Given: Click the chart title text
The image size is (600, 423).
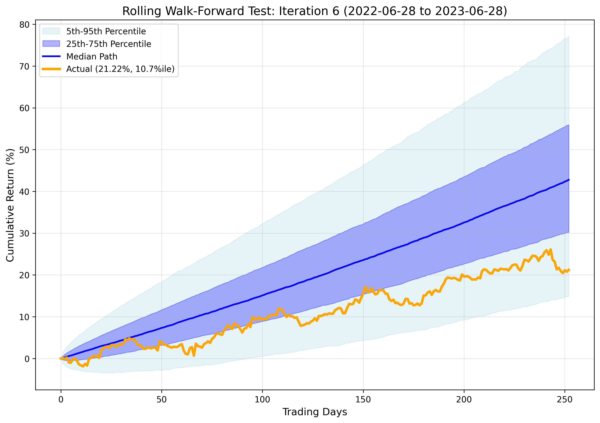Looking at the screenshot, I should click(315, 11).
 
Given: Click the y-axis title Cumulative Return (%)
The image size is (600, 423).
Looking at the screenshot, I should click(10, 205).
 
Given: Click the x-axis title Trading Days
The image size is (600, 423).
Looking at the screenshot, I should click(315, 412).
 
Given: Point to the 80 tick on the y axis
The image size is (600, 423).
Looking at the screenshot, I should click(24, 25).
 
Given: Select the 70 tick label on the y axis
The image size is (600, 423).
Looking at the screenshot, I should click(24, 67).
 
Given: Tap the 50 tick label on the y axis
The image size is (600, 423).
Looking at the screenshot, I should click(24, 150).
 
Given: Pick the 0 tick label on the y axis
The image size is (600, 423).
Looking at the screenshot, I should click(27, 359).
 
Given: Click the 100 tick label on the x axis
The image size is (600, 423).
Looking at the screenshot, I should click(262, 400).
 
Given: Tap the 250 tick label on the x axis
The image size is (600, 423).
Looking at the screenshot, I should click(565, 400).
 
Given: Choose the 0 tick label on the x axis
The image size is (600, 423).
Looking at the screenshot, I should click(61, 400).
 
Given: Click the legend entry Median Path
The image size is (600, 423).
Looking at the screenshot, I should click(92, 56).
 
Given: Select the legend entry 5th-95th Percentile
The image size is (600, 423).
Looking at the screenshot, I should click(106, 31).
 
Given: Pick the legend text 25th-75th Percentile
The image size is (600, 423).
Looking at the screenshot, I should click(109, 44).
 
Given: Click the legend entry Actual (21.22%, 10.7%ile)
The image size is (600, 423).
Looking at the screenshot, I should click(120, 69).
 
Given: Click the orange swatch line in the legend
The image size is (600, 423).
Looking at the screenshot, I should click(51, 69).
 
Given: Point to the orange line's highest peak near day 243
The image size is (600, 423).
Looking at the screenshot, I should click(551, 249).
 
